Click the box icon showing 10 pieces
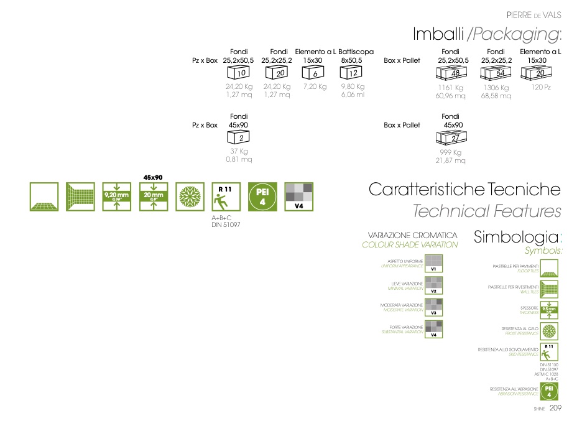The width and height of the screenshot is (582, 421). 238,73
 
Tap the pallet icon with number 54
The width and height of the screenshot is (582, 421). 495,73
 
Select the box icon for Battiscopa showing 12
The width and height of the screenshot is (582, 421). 351,73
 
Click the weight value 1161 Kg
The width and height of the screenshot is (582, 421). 451,88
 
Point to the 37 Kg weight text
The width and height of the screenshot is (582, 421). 239,151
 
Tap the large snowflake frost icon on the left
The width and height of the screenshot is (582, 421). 190,197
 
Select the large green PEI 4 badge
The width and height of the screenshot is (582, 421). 262,197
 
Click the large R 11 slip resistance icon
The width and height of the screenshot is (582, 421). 226,197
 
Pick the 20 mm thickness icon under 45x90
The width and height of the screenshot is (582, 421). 154,197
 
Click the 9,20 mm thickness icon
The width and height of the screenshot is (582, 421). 117,197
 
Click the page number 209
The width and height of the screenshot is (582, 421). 555,409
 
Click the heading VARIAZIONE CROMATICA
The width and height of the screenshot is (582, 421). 412,236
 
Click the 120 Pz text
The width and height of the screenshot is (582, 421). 541,87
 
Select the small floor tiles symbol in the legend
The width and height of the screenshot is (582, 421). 550,268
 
